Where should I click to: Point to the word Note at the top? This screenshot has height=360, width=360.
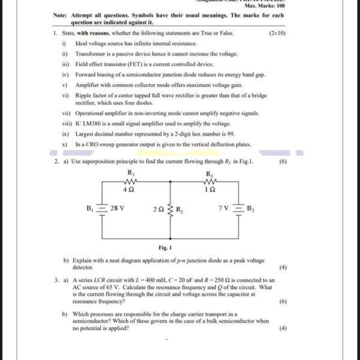[x=59, y=14]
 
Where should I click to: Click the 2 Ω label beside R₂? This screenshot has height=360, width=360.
[x=158, y=209]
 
